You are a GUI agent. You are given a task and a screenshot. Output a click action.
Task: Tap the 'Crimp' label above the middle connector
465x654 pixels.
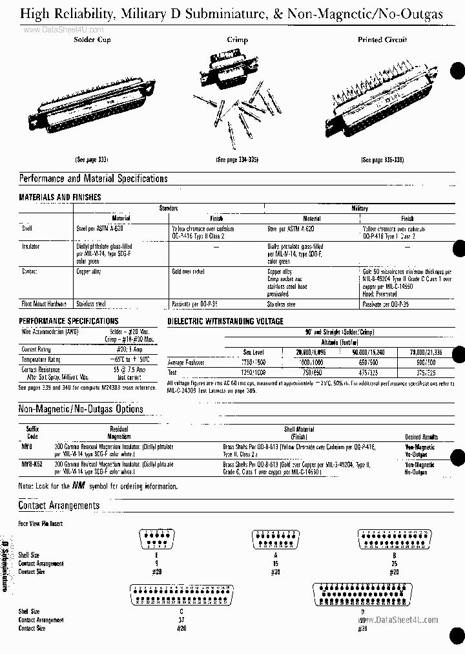(x=237, y=40)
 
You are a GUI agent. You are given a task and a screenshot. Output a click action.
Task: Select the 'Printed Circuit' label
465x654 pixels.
(x=382, y=40)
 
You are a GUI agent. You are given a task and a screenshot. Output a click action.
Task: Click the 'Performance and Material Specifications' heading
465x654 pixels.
(x=94, y=178)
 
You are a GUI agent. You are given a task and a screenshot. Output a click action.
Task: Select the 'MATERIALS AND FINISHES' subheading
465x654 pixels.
(x=60, y=197)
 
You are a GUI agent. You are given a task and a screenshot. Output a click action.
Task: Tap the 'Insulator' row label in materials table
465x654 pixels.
(x=31, y=246)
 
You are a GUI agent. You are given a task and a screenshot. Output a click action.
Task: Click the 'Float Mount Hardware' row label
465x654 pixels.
(x=45, y=303)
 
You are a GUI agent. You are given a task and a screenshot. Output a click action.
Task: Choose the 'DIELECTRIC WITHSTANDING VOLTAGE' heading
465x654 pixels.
(x=225, y=321)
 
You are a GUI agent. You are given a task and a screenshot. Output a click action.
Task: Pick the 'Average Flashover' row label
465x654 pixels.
(x=186, y=363)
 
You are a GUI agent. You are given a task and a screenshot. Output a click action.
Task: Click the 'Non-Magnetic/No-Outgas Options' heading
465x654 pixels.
(x=81, y=409)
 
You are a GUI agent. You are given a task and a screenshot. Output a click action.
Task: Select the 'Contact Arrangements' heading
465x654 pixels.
(x=59, y=505)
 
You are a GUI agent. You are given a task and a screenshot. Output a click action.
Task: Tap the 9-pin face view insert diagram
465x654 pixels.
(x=157, y=538)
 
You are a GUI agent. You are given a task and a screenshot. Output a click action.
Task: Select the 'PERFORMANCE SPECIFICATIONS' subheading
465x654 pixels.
(x=68, y=321)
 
